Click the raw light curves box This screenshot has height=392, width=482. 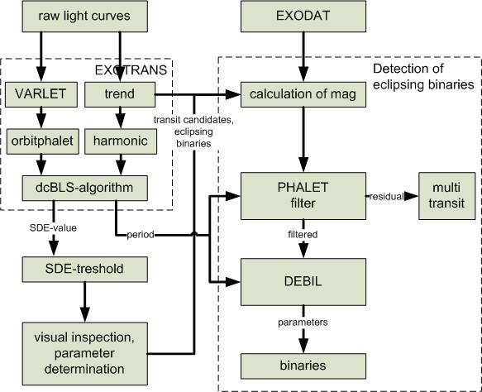tap(84, 17)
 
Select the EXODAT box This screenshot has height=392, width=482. tap(303, 17)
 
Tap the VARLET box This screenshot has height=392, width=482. tap(41, 94)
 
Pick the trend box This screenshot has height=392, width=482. tap(120, 94)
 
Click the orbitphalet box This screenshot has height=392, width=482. tap(42, 141)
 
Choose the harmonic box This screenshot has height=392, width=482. tap(121, 141)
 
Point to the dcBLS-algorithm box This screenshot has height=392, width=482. tap(84, 189)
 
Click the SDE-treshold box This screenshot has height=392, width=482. tap(84, 270)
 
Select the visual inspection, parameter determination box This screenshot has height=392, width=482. tap(84, 354)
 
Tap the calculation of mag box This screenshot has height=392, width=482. tap(303, 94)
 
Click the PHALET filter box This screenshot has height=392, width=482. tap(303, 196)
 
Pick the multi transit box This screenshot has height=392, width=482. tap(446, 196)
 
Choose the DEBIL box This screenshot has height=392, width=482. tap(303, 282)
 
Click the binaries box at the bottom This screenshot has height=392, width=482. tap(303, 366)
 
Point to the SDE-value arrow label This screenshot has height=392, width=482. tap(53, 227)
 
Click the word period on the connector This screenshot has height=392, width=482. tap(141, 235)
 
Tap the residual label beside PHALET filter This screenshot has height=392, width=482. tap(386, 197)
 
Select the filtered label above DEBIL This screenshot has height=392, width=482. tap(303, 235)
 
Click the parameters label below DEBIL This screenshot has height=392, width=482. tap(303, 323)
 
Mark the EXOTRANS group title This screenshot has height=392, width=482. tap(131, 70)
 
